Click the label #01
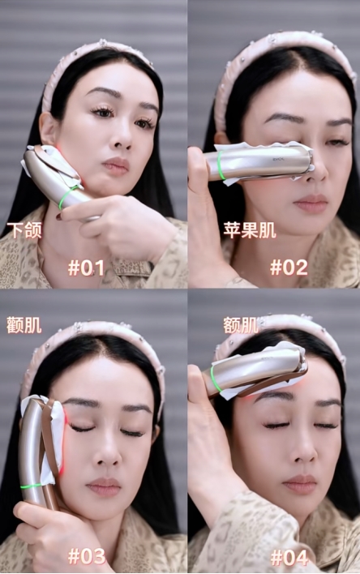[x=86, y=268]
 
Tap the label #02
[x=289, y=268]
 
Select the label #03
[x=87, y=556]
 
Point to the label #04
[x=289, y=558]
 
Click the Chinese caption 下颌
[x=24, y=230]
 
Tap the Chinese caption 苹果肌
[x=250, y=230]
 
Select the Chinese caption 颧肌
[x=24, y=325]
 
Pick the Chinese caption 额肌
[x=241, y=325]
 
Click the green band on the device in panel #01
[x=67, y=196]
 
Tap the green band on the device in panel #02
[x=221, y=165]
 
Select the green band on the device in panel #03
[x=31, y=486]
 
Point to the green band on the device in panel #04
[x=215, y=379]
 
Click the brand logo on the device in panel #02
[x=277, y=159]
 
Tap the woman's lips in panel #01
[x=115, y=166]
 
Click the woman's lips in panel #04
[x=298, y=484]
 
